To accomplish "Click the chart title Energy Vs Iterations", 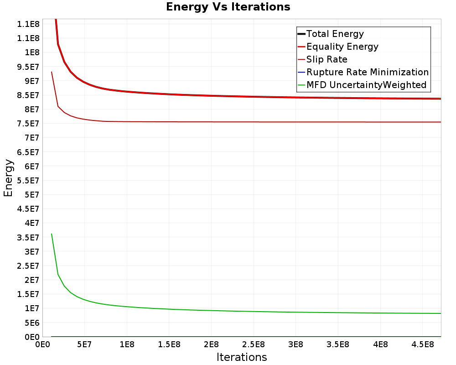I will pos(228,7).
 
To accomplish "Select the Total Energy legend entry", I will pos(335,34).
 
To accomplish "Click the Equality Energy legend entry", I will pos(342,47).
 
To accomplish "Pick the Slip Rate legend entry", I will pos(326,59).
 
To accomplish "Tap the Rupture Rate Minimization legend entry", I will pos(367,72).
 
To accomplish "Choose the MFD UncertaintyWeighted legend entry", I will pos(366,85).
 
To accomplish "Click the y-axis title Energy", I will pos(8,177).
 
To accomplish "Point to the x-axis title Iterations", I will pos(242,357).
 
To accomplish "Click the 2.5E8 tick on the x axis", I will pos(254,344).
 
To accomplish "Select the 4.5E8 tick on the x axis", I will pos(422,344).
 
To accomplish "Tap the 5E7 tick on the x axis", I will pos(84,344).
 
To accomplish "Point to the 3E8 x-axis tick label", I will pos(295,344).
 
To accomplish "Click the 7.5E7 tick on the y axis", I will pos(29,124).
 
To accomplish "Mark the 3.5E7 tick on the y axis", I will pos(29,237).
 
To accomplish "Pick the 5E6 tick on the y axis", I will pos(32,323).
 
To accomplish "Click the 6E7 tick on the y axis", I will pos(32,166).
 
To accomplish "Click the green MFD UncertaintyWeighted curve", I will pos(228,311).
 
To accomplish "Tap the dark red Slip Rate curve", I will pos(228,122).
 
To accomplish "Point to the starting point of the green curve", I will pos(52,234).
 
